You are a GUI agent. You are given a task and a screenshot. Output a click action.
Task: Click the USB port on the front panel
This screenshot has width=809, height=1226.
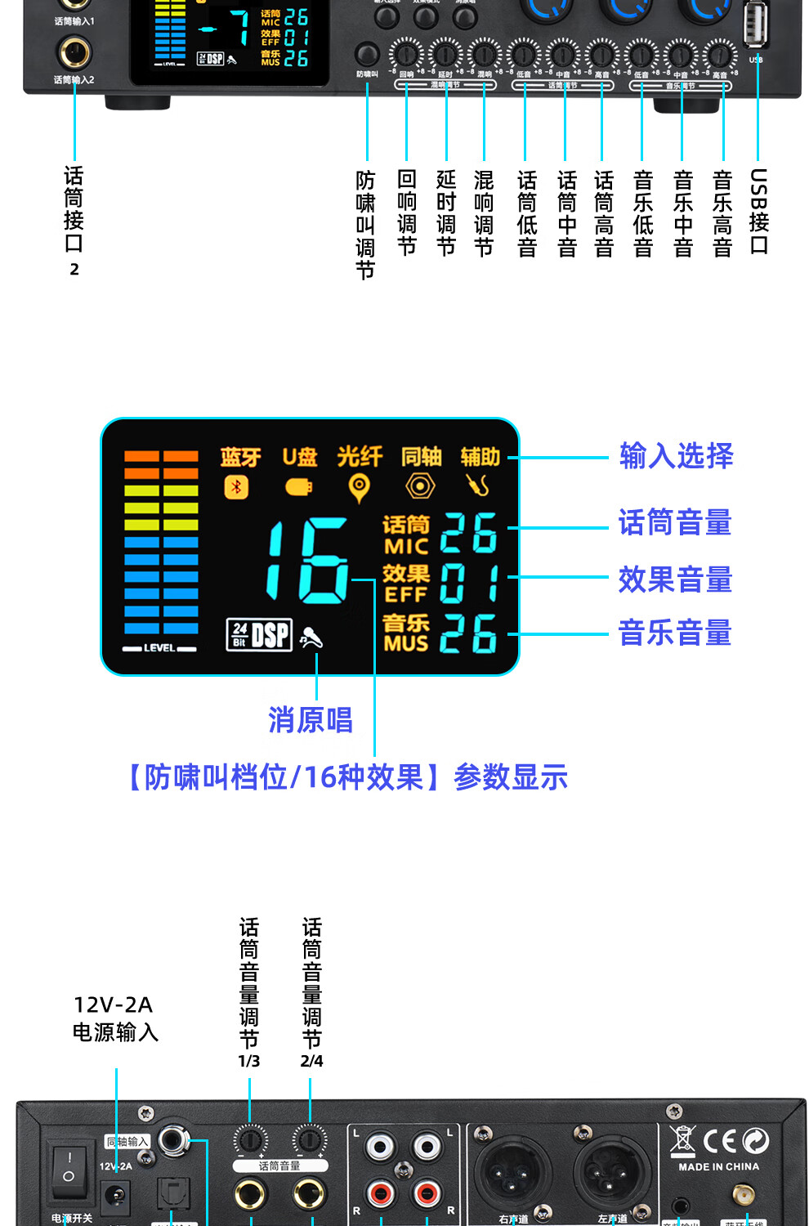756,25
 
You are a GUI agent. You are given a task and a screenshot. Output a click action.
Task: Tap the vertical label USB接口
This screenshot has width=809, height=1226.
758,212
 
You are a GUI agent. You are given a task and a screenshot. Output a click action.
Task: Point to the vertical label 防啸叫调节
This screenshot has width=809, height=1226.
365,225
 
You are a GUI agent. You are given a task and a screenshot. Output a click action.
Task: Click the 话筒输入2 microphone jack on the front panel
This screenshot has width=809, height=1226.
74,52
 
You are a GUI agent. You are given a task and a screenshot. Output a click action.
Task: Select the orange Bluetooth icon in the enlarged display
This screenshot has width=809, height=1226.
236,487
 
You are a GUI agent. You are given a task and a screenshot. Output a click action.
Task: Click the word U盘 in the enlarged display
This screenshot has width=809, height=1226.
299,457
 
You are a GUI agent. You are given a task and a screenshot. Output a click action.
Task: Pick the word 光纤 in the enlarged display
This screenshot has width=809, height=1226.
360,456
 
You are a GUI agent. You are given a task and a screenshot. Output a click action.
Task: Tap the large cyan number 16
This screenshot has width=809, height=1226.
308,562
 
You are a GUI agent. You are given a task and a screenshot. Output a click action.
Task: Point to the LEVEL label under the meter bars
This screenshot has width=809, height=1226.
159,648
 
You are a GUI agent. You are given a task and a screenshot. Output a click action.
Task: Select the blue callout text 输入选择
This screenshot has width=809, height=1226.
676,456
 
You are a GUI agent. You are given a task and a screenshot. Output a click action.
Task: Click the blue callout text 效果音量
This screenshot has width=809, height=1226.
675,580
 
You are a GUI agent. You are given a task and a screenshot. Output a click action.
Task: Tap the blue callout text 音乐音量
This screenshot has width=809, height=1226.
675,633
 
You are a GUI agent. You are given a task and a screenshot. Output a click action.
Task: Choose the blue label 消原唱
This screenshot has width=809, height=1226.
311,720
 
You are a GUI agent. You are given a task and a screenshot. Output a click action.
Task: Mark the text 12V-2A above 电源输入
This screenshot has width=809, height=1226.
113,1005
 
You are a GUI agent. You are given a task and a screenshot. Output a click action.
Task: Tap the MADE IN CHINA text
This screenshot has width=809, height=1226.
718,1166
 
